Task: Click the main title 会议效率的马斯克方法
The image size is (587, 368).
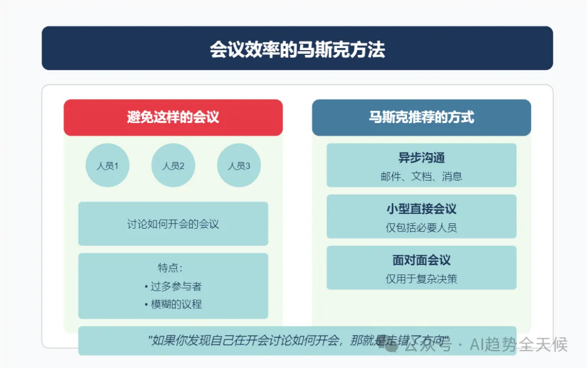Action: (297, 50)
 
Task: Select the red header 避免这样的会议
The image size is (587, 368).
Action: (173, 118)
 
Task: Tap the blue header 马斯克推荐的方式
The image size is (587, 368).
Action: (422, 118)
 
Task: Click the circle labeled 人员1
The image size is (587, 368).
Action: (108, 165)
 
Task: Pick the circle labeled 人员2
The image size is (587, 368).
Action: (173, 165)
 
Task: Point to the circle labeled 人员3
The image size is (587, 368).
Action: (239, 165)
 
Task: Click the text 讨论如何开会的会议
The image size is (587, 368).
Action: (173, 224)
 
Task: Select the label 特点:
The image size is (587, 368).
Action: (170, 268)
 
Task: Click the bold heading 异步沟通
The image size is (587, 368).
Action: (422, 157)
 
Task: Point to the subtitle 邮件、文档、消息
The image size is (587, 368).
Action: (422, 176)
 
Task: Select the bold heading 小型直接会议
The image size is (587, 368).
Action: (422, 208)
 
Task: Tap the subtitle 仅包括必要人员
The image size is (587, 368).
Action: (422, 228)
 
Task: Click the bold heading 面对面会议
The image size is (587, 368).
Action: (422, 260)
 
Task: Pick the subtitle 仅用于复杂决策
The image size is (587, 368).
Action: (422, 279)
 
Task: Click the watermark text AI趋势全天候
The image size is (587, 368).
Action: (519, 345)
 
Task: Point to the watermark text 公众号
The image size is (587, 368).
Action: (428, 345)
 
